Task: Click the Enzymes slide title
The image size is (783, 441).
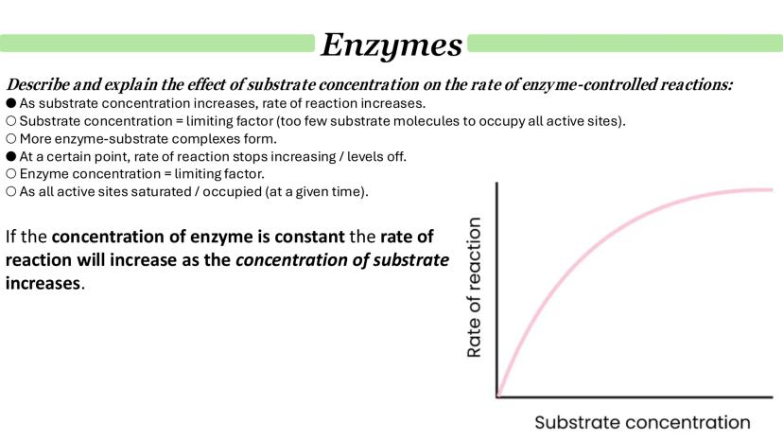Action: [x=391, y=45]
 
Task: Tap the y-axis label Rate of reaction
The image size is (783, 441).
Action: [x=474, y=287]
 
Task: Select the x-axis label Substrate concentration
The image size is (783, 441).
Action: [x=642, y=422]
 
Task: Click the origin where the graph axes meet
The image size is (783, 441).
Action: [x=497, y=397]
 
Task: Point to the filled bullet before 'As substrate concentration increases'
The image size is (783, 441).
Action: [x=11, y=103]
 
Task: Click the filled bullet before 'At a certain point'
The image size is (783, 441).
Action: [x=11, y=156]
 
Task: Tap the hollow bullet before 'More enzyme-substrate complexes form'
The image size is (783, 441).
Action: [x=11, y=139]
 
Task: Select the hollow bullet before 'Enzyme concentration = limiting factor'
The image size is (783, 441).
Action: [x=11, y=174]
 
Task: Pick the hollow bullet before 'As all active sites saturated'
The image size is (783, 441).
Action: [x=11, y=191]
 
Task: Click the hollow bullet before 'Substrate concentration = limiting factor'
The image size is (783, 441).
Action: [x=11, y=121]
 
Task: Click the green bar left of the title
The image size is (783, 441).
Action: [x=157, y=43]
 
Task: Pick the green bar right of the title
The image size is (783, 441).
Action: [x=625, y=43]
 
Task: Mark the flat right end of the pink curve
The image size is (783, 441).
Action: [x=773, y=189]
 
